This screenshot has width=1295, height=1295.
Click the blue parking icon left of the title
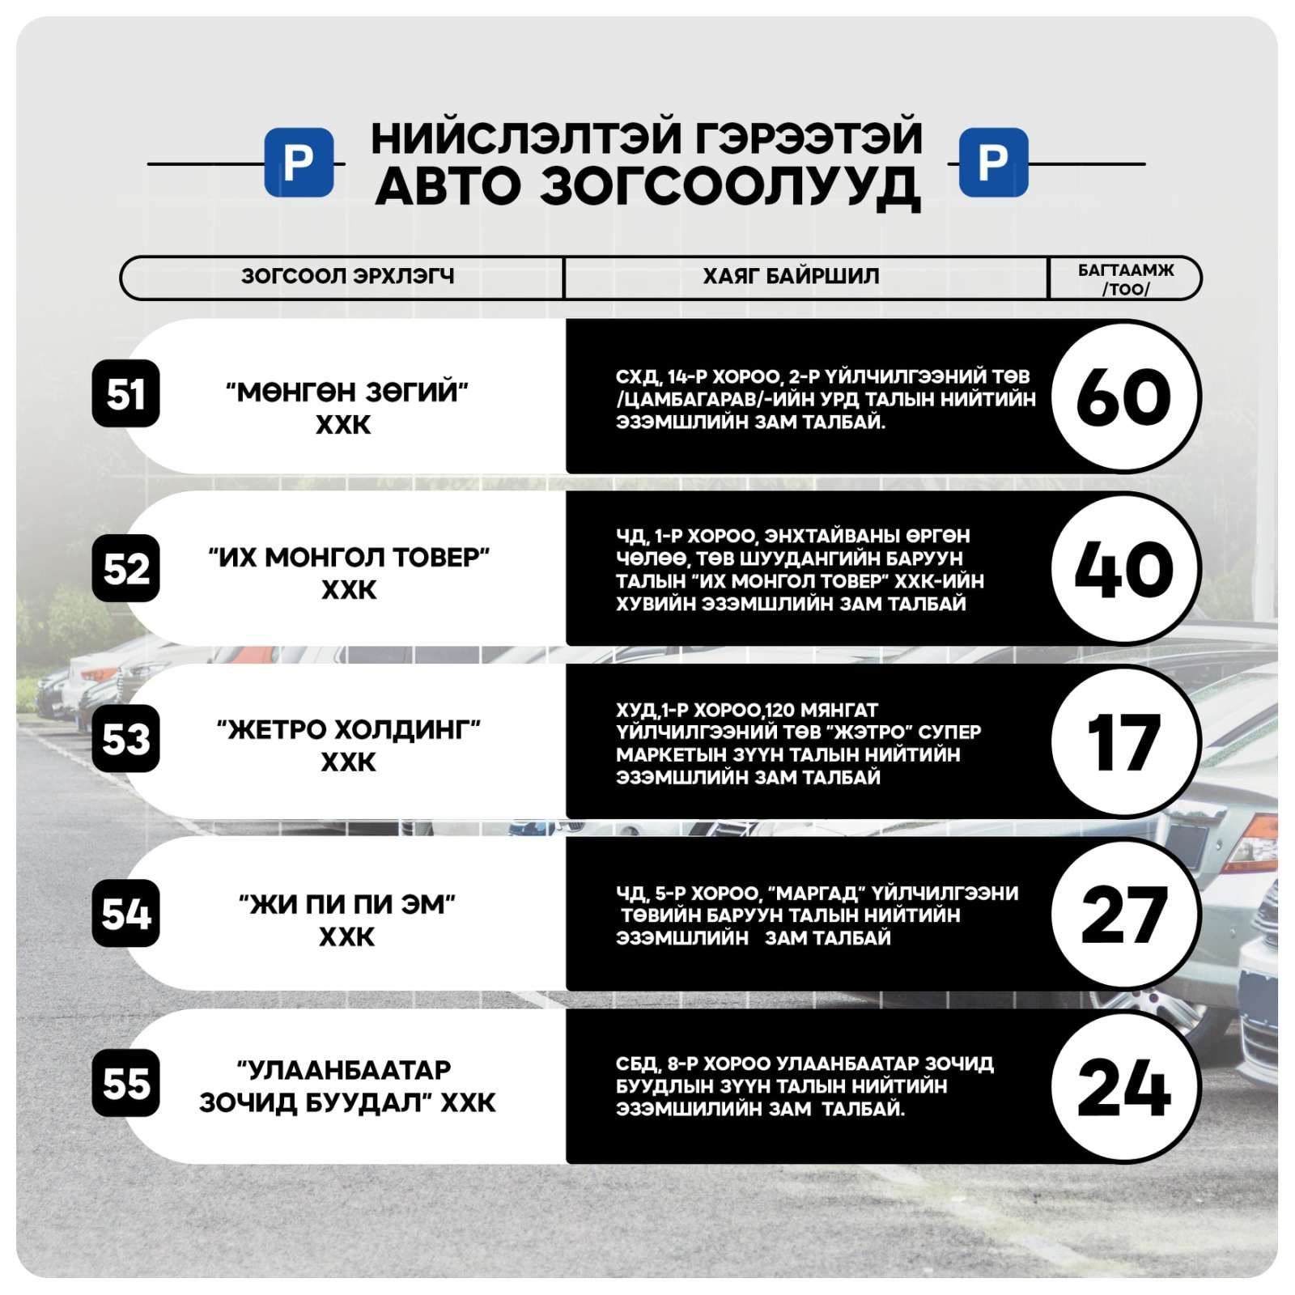tap(299, 162)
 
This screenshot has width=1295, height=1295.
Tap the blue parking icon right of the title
tap(993, 162)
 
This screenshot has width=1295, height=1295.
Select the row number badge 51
tap(125, 394)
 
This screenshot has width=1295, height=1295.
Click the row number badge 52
tap(125, 568)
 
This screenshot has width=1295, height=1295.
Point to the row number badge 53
tap(125, 739)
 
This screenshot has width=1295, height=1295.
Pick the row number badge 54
tap(125, 914)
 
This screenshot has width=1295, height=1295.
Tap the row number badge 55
tap(125, 1083)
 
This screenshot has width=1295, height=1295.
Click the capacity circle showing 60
tap(1123, 397)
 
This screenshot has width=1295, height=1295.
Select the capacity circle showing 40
tap(1123, 569)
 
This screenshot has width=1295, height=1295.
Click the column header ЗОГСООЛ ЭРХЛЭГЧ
tap(347, 277)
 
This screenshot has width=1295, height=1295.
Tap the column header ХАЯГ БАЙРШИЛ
tap(790, 277)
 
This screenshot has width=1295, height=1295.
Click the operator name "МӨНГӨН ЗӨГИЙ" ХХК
tap(346, 408)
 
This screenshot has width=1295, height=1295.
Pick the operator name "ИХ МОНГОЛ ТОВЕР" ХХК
tap(349, 573)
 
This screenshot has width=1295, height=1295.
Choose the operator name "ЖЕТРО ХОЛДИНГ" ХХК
tap(348, 745)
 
